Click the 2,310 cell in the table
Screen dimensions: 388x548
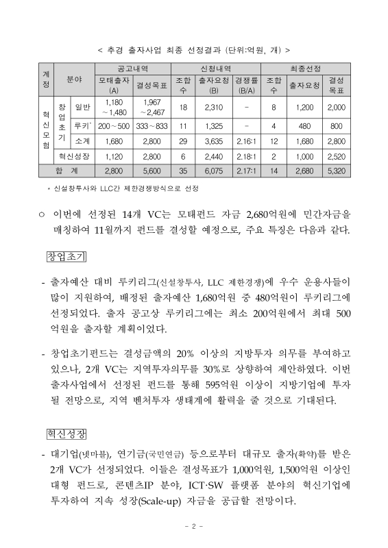(x=213, y=107)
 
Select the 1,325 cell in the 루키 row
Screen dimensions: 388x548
(x=213, y=127)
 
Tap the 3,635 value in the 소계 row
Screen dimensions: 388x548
(x=213, y=141)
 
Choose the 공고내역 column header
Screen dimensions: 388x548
(x=132, y=69)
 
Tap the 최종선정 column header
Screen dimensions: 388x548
(x=306, y=69)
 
